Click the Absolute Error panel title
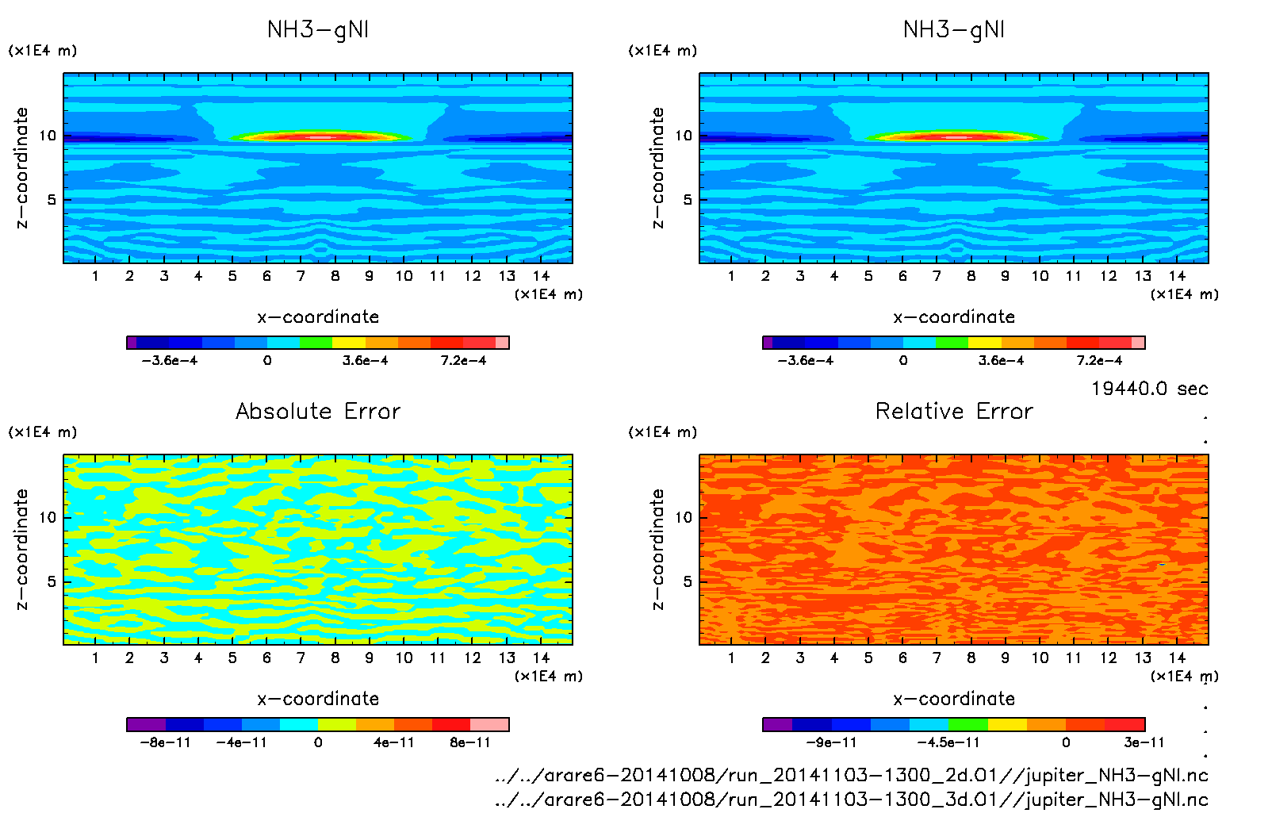[x=318, y=411]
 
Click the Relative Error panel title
[x=954, y=411]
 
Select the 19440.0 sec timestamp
[x=1149, y=389]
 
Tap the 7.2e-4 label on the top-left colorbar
[x=463, y=360]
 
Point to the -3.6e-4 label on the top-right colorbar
[x=805, y=360]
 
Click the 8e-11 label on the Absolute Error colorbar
[x=470, y=742]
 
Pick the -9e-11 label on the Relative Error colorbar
[x=831, y=742]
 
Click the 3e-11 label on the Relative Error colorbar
[x=1144, y=742]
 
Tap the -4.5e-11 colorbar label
[x=948, y=742]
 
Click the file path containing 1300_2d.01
[x=851, y=775]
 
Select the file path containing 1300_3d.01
[x=851, y=800]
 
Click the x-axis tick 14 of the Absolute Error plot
[x=541, y=658]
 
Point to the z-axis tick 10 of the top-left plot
[x=48, y=136]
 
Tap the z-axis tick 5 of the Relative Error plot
[x=688, y=581]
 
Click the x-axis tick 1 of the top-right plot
[x=731, y=276]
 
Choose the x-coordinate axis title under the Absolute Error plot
[x=318, y=699]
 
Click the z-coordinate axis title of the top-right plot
[x=657, y=167]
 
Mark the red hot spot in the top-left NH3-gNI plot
[x=319, y=137]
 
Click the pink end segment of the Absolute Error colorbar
[x=489, y=724]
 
